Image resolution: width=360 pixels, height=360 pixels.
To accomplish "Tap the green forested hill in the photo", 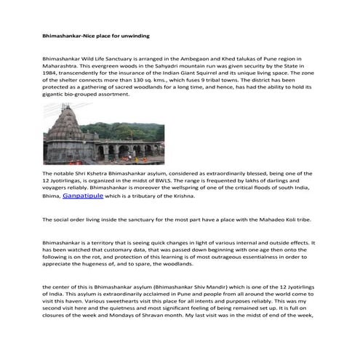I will tap(131, 133).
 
